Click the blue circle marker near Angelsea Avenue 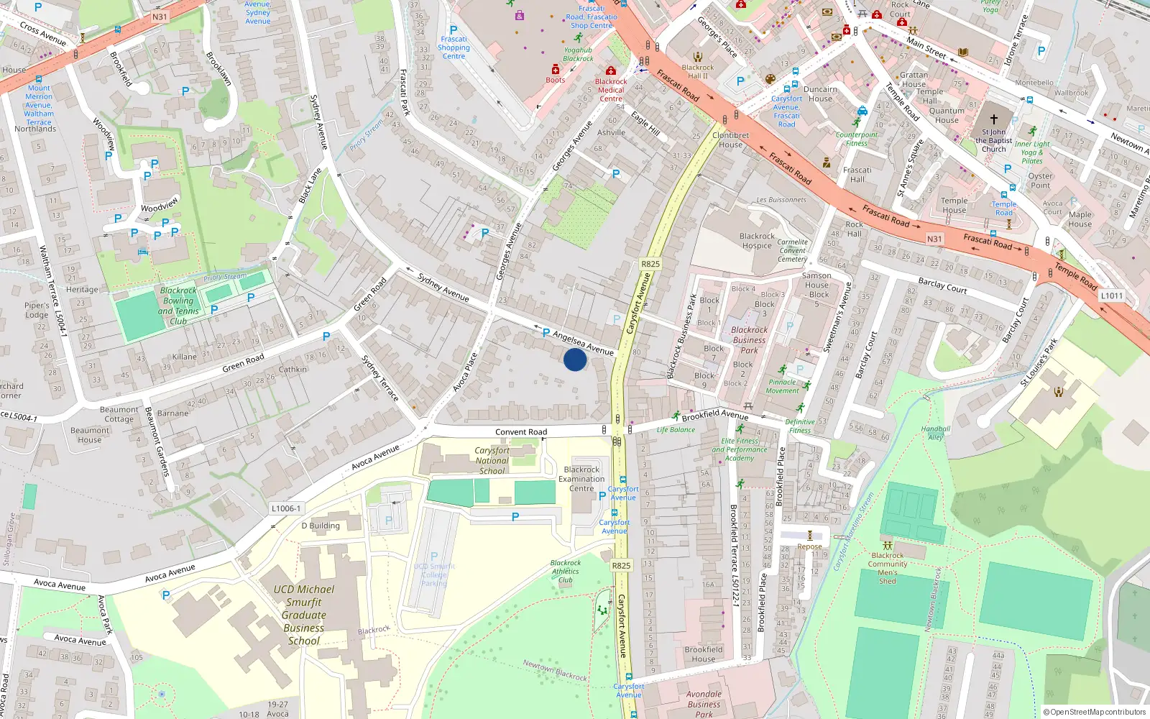(574, 359)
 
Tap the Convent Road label (521, 432)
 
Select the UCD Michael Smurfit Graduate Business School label (304, 615)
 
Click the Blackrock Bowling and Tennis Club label (178, 306)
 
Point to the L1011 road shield (1111, 296)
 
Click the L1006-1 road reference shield (286, 508)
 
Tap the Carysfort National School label (492, 461)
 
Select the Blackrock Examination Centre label (581, 479)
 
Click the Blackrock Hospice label (757, 241)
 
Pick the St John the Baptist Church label (994, 140)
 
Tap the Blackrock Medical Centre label (611, 90)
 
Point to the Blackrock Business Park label (749, 340)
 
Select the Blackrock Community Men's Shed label (888, 568)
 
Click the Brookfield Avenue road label (714, 415)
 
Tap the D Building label (321, 526)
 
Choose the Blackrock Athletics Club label (566, 572)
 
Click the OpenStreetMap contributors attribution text (1094, 712)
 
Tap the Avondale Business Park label (704, 704)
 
